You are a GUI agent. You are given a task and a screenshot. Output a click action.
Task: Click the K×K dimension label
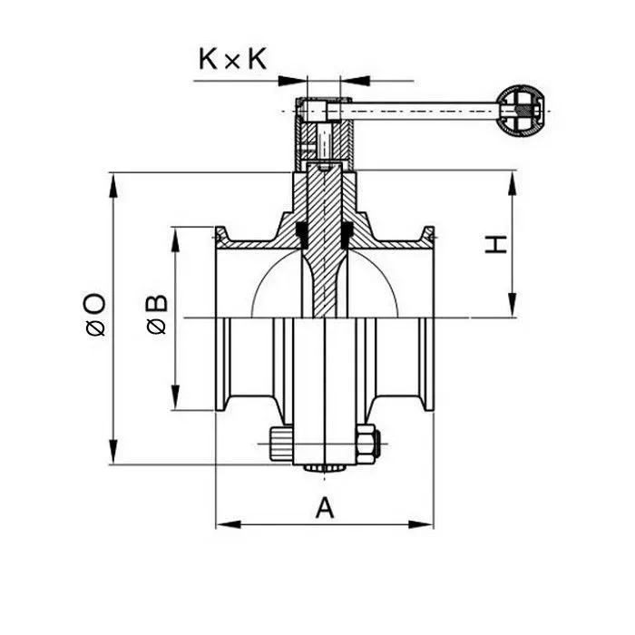[x=232, y=60]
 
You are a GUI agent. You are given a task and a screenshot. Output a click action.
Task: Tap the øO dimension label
[x=95, y=314]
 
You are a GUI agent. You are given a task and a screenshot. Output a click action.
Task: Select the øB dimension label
[x=156, y=314]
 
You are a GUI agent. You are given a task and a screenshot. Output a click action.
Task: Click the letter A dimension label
[x=324, y=509]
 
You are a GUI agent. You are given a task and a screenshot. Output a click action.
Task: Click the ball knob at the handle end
[x=523, y=111]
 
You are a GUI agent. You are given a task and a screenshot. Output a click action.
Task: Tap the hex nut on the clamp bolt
[x=366, y=444]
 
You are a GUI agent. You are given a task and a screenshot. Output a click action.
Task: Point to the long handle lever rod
[x=417, y=111]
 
